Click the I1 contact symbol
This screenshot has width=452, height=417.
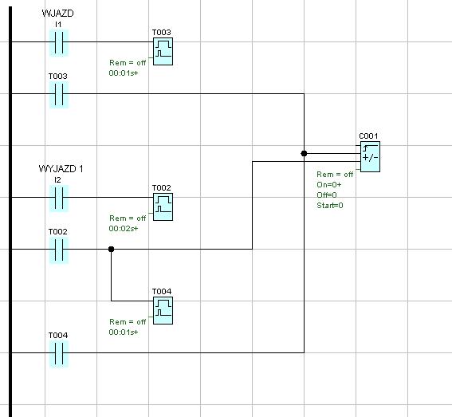[x=59, y=42]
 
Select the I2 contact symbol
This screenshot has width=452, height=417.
[x=59, y=198]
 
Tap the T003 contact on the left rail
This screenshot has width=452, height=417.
[x=59, y=94]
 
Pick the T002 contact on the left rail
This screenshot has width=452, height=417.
[x=59, y=250]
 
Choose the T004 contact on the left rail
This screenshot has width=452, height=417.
[x=59, y=353]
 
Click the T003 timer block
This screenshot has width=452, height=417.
[x=163, y=51]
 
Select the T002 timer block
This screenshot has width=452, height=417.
[x=163, y=207]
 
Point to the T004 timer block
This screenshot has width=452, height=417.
[x=163, y=310]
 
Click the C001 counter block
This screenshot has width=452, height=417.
[x=370, y=156]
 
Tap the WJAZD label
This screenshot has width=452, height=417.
[x=57, y=14]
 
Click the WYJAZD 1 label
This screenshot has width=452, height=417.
[x=61, y=169]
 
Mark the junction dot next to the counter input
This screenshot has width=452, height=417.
[x=304, y=153]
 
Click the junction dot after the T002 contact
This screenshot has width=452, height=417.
[x=112, y=249]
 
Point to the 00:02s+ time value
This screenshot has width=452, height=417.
[x=124, y=228]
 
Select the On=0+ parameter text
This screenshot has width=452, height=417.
[x=329, y=184]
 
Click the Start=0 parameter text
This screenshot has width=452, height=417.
[x=330, y=206]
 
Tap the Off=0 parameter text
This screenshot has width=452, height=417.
[x=327, y=195]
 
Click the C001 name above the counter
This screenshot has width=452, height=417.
[x=368, y=136]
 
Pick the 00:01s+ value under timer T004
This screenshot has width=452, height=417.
[x=124, y=332]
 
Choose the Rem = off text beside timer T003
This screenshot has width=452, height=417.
[x=128, y=62]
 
